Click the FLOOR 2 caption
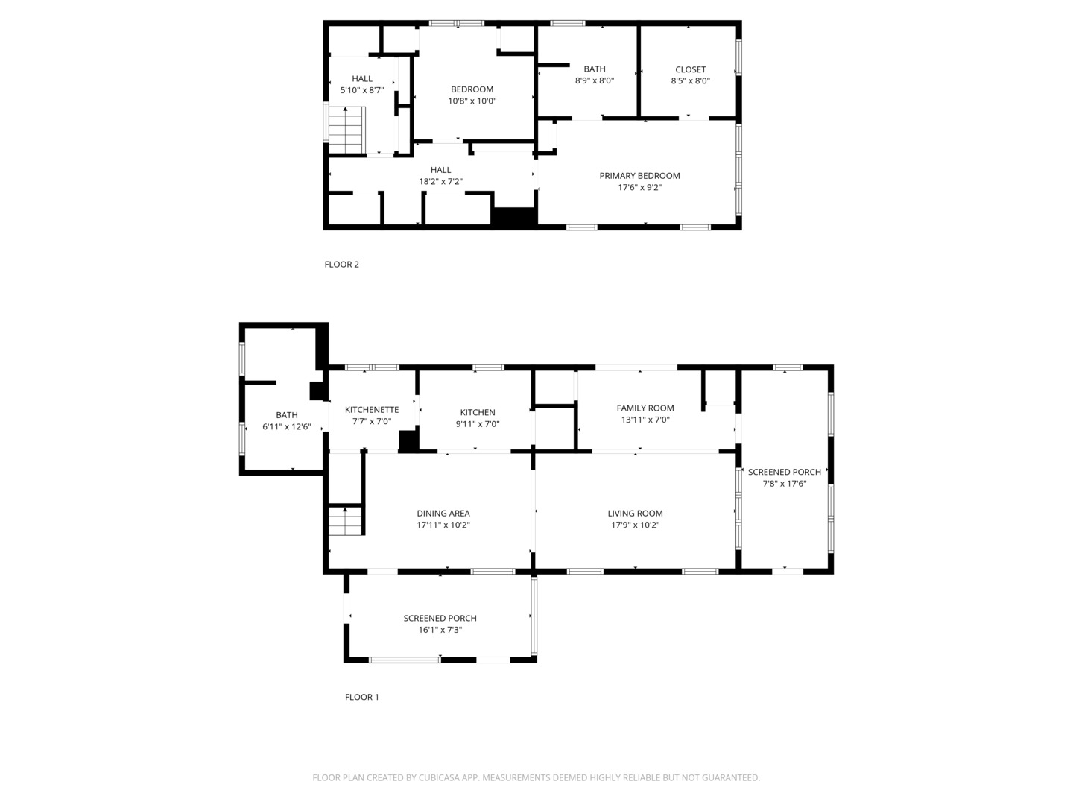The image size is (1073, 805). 341,265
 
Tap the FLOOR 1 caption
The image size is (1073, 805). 361,697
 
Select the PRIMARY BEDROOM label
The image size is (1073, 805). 639,176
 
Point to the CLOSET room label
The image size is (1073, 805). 690,69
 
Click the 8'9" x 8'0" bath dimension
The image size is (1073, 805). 595,80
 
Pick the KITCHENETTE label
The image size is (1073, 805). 372,410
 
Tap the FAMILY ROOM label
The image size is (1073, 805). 645,408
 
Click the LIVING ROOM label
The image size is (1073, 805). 635,514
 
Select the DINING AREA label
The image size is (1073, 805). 443,514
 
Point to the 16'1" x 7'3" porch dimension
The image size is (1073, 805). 440,630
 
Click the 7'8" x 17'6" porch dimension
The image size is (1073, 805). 785,484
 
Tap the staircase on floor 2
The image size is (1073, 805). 346,130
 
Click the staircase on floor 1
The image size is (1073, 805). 345,521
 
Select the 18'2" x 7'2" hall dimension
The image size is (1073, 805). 440,181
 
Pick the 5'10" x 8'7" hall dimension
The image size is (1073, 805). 362,90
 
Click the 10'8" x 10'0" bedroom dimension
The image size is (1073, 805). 472,101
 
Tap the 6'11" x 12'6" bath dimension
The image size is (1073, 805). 286,426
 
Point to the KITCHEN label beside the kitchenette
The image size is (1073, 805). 478,412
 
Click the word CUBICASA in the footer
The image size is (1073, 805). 437,777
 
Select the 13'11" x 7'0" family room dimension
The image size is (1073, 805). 645,420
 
